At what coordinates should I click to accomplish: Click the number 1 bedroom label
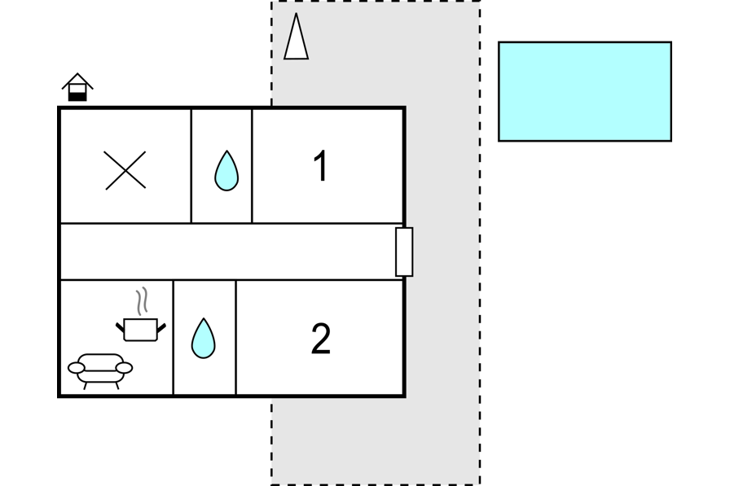(x=321, y=166)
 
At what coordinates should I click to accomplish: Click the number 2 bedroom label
(x=321, y=339)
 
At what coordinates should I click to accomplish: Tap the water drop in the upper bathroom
(x=226, y=171)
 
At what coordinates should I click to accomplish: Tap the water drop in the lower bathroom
(x=203, y=338)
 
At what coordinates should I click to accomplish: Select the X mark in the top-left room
(x=125, y=170)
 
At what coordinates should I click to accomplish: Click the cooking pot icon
(x=141, y=330)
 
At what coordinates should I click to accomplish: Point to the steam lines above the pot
(x=143, y=301)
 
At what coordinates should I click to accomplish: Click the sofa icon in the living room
(x=100, y=369)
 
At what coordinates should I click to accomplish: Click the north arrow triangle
(x=296, y=39)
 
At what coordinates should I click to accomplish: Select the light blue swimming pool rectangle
(x=584, y=91)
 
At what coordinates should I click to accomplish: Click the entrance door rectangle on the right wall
(x=404, y=252)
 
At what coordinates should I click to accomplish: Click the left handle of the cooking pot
(x=120, y=327)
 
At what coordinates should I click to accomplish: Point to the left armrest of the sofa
(x=77, y=369)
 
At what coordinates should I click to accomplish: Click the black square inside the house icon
(x=77, y=96)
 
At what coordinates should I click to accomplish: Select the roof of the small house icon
(x=77, y=79)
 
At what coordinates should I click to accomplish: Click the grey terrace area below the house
(x=375, y=440)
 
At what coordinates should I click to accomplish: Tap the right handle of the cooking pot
(x=161, y=327)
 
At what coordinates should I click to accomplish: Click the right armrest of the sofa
(x=124, y=368)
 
